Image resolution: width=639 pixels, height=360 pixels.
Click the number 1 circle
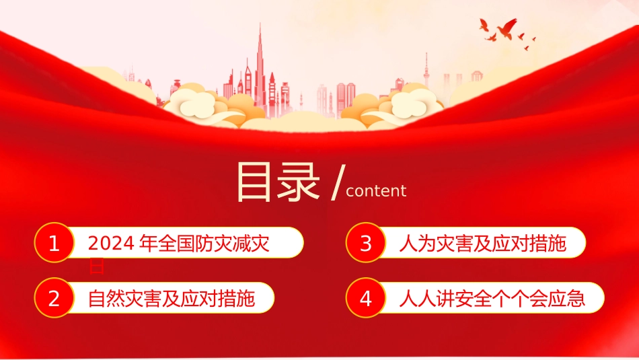tap(54, 244)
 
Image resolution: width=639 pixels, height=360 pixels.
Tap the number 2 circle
tap(54, 298)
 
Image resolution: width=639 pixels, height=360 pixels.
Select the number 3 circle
tap(366, 244)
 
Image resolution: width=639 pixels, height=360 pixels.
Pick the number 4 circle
tap(366, 298)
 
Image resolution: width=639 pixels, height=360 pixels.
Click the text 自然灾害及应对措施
tap(172, 298)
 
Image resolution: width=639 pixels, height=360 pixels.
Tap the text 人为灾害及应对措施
tap(482, 244)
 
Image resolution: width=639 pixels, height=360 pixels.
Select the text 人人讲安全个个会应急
tap(492, 298)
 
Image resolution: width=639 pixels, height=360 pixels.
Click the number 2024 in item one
tap(111, 244)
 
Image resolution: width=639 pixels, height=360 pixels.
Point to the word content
tap(375, 191)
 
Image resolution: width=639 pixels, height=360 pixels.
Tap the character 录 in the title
tap(299, 181)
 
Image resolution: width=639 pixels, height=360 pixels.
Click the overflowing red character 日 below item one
tap(96, 267)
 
